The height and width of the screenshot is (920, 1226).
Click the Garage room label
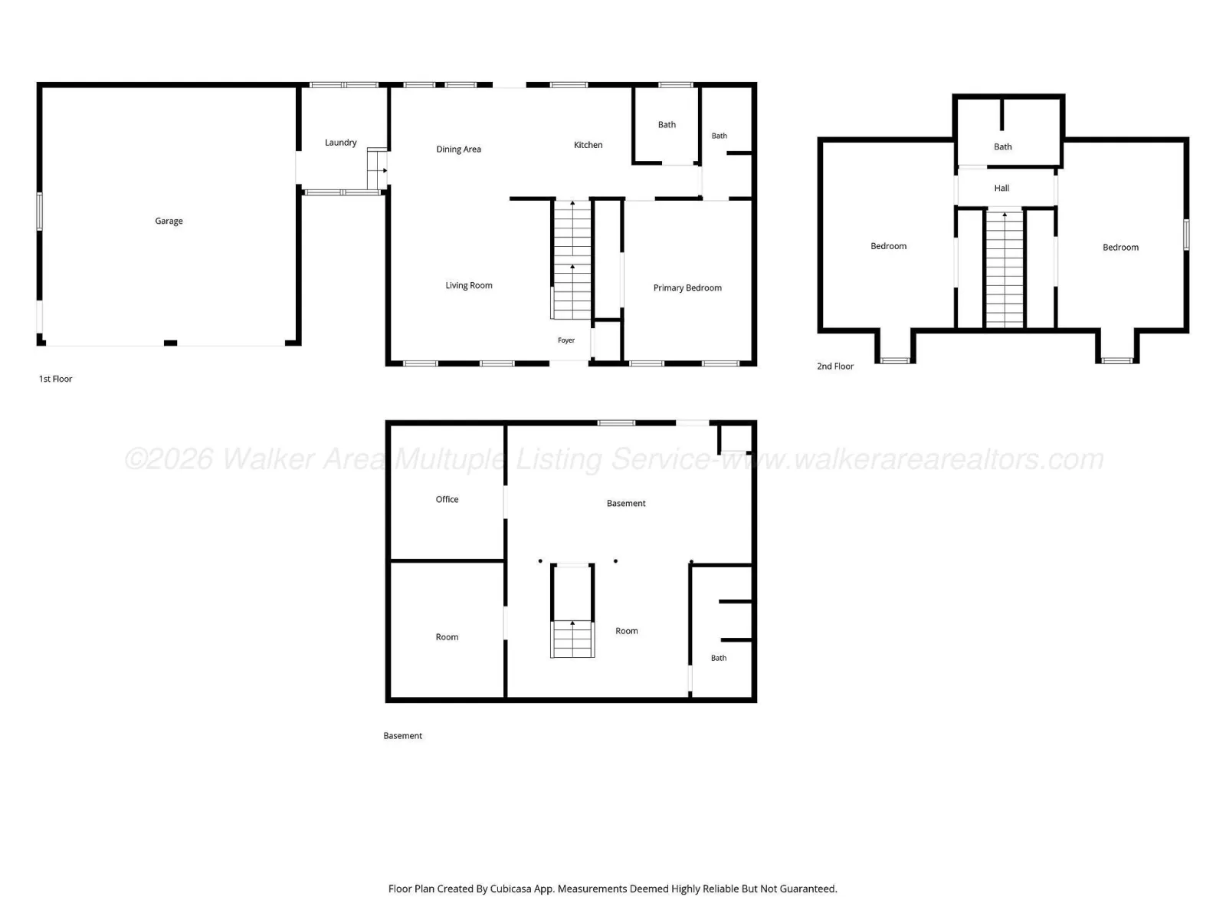(x=169, y=222)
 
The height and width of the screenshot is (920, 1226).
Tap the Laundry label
(x=341, y=143)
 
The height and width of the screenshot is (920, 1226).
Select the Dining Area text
(x=458, y=149)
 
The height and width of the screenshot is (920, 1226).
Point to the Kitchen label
(x=588, y=145)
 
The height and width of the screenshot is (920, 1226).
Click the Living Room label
(x=469, y=285)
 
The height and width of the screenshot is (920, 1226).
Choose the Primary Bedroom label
(x=687, y=288)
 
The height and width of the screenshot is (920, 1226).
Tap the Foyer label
(x=566, y=340)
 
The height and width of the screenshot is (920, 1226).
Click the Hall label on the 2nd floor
(x=1001, y=189)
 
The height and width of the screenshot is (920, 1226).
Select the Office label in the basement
(x=447, y=499)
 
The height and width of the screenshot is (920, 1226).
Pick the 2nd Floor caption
(x=835, y=366)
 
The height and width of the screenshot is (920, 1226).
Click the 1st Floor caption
(x=55, y=379)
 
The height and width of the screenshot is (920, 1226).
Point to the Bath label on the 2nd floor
(x=1002, y=147)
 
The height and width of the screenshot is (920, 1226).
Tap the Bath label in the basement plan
(x=719, y=658)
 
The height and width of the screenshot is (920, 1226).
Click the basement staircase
(x=572, y=639)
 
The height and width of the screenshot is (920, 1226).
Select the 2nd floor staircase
(x=1005, y=268)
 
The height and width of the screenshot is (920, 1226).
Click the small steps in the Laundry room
(x=377, y=169)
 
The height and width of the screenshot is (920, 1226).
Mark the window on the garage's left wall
(x=40, y=211)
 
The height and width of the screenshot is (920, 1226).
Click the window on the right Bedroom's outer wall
(x=1186, y=235)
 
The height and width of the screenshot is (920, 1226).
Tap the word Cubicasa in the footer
(x=510, y=889)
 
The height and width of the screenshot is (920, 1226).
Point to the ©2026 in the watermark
(x=169, y=459)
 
